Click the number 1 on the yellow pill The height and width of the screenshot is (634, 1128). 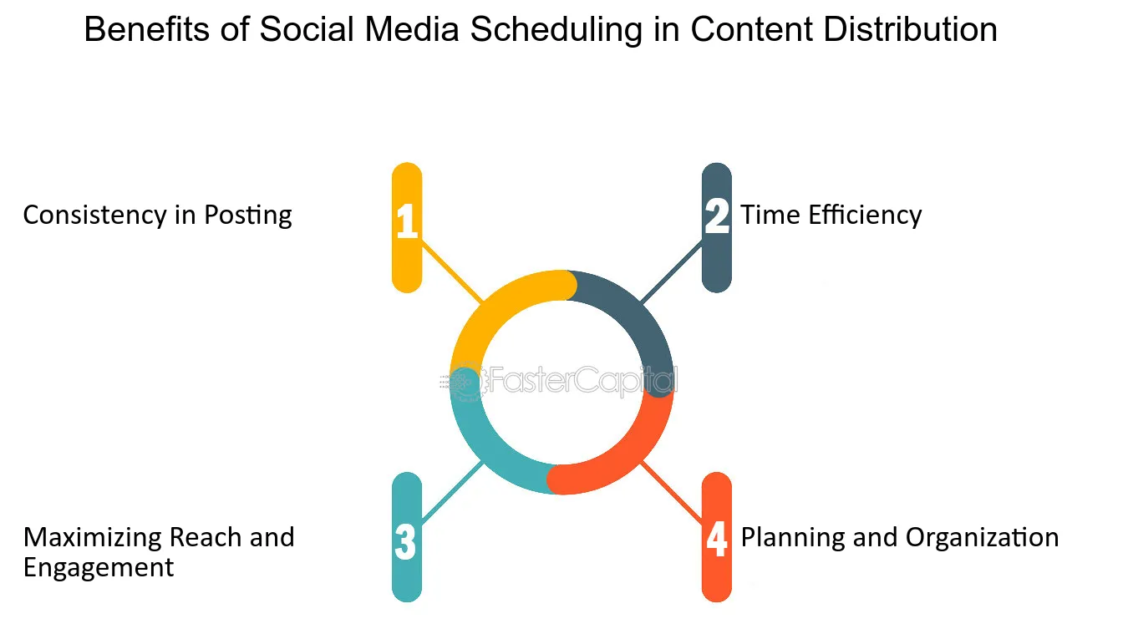point(407,221)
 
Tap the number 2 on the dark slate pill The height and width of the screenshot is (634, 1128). point(717,216)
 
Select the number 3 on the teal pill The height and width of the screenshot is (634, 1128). point(405,542)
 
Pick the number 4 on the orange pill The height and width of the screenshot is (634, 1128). point(717,538)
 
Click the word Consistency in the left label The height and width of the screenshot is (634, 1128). point(94,216)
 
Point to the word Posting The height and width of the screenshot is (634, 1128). point(248,216)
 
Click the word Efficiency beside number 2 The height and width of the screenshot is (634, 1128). point(865,215)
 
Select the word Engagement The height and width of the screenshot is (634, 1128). point(99,567)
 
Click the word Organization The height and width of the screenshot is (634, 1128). point(982,538)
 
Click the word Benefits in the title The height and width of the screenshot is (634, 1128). point(146,29)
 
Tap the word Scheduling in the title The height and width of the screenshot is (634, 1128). point(556,30)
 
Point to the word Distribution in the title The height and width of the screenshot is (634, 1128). point(910,29)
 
